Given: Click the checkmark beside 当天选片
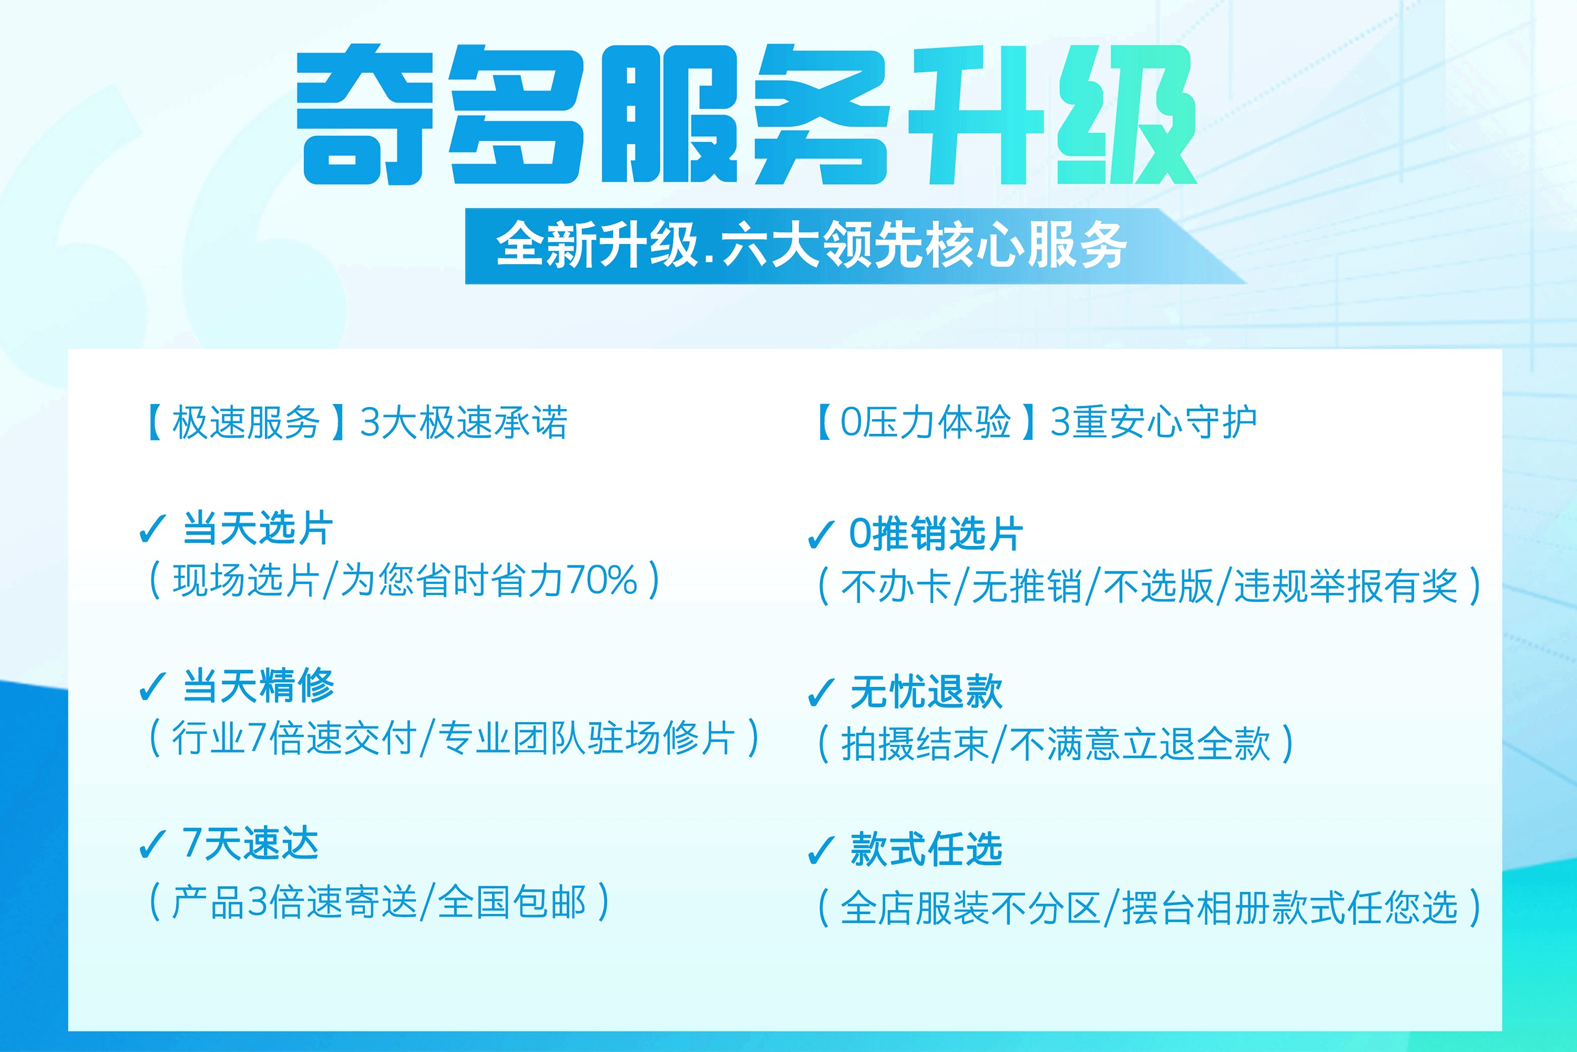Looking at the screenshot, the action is (152, 529).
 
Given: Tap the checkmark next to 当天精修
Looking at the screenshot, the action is (152, 686).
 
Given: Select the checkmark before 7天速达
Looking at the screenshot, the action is (152, 844).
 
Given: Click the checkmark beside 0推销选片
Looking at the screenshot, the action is (821, 535).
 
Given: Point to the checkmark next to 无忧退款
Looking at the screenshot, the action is (821, 692).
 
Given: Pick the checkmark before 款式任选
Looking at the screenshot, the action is (821, 850).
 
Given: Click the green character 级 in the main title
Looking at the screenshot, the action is (1127, 115).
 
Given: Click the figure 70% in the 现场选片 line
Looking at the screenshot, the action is (601, 580).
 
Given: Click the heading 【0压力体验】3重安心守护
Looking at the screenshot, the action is (1037, 423).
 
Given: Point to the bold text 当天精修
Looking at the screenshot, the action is (258, 686).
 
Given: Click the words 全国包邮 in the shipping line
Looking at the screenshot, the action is (512, 902).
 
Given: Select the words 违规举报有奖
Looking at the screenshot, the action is (1346, 586).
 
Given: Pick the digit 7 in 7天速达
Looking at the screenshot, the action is (192, 843).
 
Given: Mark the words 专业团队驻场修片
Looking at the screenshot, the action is (587, 738).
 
